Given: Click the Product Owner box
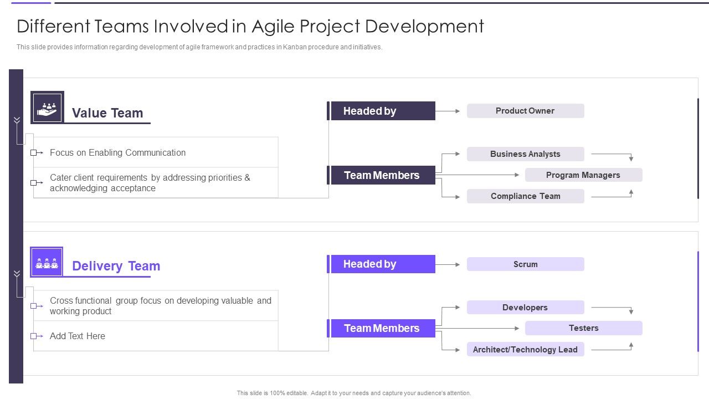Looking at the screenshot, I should coord(525,111).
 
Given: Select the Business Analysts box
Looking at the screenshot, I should coord(525,154).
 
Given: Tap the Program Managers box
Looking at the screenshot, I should coord(583,175).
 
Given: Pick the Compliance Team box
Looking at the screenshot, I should coord(525,196).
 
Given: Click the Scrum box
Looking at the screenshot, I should coord(525,264).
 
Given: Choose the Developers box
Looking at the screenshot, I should coord(525,308).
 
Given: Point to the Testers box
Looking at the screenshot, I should coord(583,328).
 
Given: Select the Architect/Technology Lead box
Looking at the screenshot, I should coord(525,350).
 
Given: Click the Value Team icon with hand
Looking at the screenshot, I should coord(47,108).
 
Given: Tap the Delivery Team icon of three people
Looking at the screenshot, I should coord(47,262).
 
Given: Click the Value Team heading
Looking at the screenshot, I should coord(107,113).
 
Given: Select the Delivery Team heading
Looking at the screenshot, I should coord(116,266).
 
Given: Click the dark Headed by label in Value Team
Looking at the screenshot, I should coord(382,111).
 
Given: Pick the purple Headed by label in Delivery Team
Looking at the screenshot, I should coord(382,264).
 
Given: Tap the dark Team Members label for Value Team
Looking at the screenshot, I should coord(382,175).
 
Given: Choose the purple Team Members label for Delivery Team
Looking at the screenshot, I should coord(382,329).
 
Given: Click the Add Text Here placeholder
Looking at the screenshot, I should coord(78,336).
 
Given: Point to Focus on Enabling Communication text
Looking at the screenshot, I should coord(117,152).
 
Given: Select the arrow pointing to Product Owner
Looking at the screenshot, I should coord(450,111).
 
